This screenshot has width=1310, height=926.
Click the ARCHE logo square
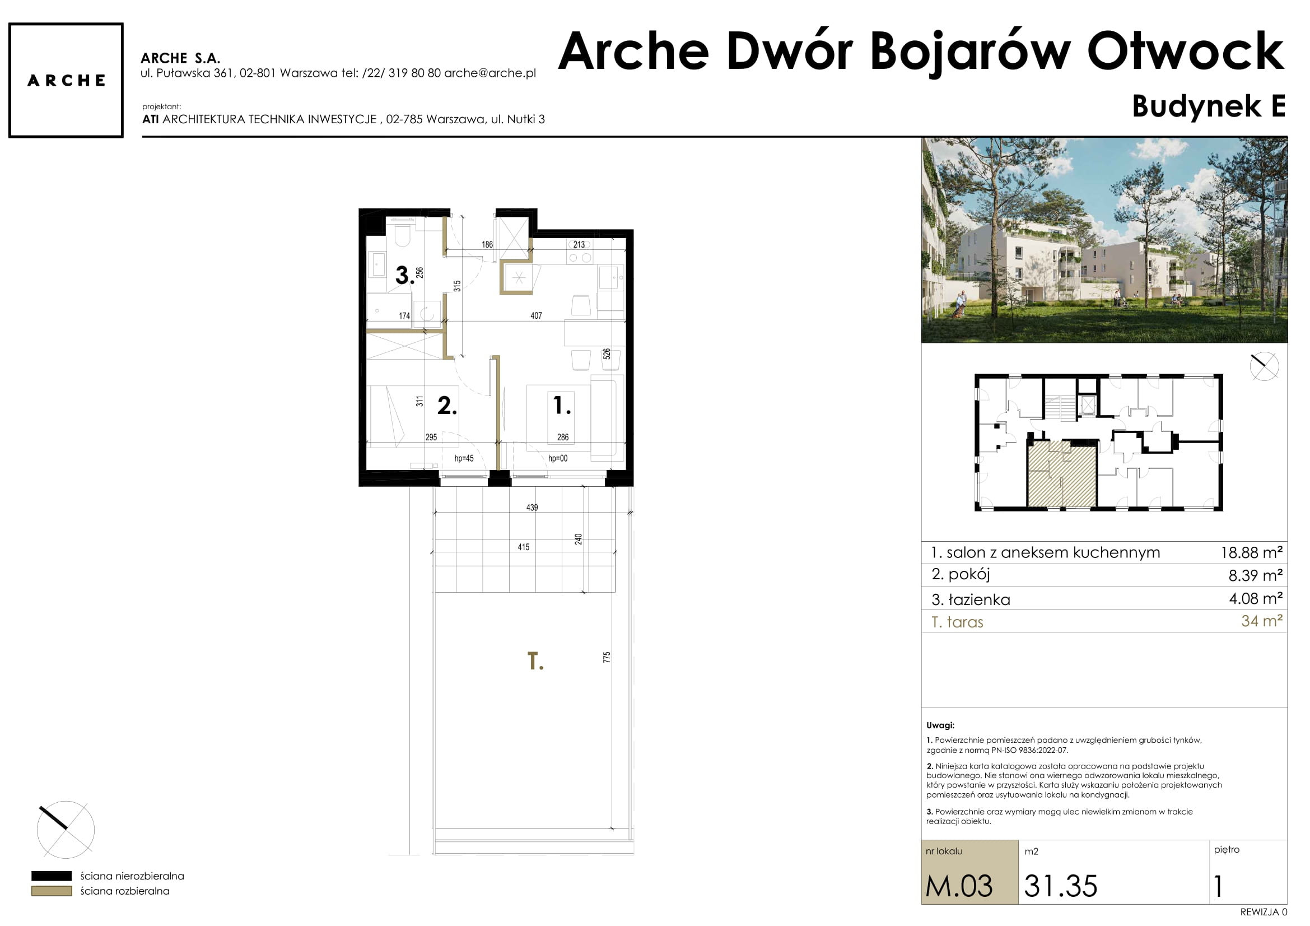pyautogui.click(x=66, y=81)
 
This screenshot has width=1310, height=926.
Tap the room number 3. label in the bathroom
pyautogui.click(x=405, y=276)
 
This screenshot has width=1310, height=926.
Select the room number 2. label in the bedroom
pyautogui.click(x=447, y=406)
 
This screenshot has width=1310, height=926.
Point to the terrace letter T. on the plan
pyautogui.click(x=535, y=661)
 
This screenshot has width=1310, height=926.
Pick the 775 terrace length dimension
pyautogui.click(x=607, y=657)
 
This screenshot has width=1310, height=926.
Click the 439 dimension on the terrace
pyautogui.click(x=532, y=507)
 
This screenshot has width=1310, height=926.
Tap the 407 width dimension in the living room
pyautogui.click(x=536, y=315)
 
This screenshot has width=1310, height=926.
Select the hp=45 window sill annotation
pyautogui.click(x=464, y=458)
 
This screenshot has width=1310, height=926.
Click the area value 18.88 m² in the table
pyautogui.click(x=1251, y=552)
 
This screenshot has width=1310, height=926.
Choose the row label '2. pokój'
pyautogui.click(x=961, y=575)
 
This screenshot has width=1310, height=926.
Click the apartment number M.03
pyautogui.click(x=959, y=886)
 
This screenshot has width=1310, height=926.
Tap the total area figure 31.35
pyautogui.click(x=1061, y=886)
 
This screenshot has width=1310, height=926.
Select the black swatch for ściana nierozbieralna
pyautogui.click(x=52, y=876)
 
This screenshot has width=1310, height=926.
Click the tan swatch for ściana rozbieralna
pyautogui.click(x=52, y=891)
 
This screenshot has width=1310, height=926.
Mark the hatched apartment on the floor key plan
pyautogui.click(x=1062, y=473)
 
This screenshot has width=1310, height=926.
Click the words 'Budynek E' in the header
pyautogui.click(x=1209, y=106)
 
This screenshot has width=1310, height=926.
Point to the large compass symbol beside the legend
pyautogui.click(x=66, y=830)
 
